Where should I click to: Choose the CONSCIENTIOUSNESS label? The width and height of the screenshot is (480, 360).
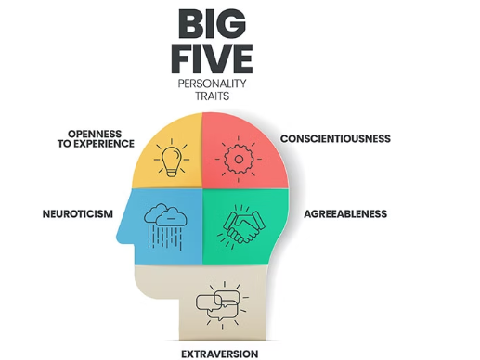335,139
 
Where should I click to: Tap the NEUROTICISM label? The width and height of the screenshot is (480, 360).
78,213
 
